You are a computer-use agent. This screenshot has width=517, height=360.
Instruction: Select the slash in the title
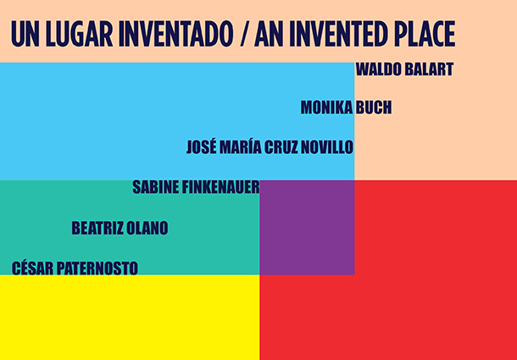click(243, 34)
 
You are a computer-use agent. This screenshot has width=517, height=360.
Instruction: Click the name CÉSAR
click(32, 268)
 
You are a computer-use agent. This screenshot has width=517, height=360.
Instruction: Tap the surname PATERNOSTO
click(97, 269)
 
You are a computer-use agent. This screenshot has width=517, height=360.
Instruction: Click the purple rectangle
click(307, 228)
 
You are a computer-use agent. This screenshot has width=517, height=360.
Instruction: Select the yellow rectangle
click(130, 317)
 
